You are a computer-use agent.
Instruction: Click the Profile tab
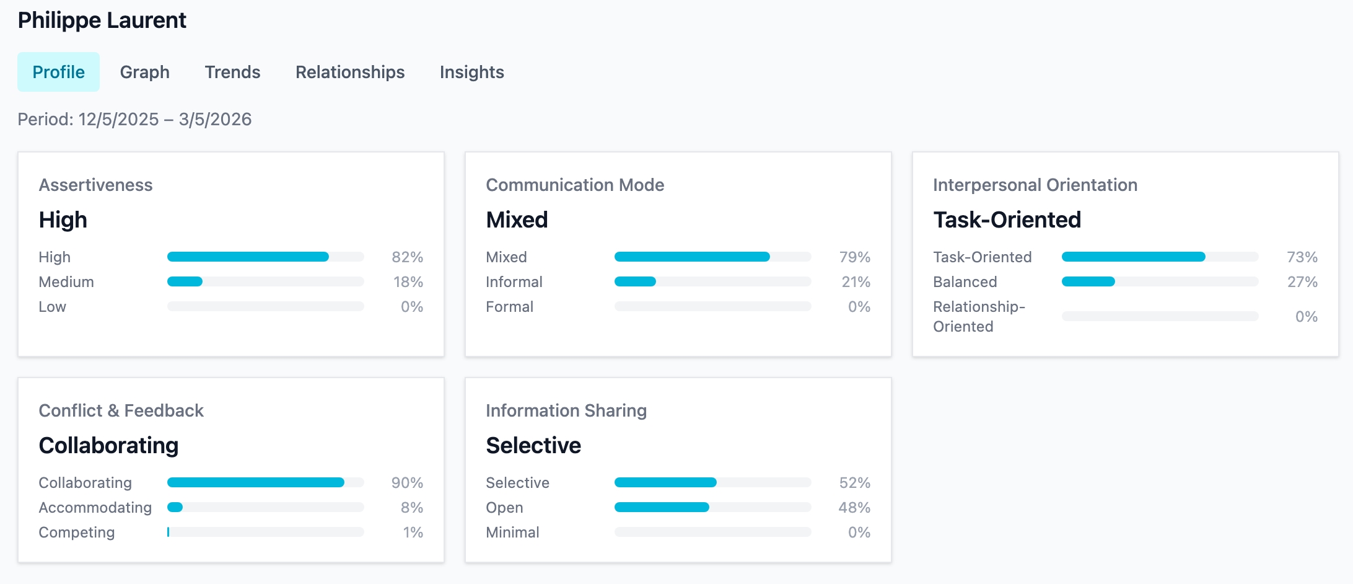click(58, 72)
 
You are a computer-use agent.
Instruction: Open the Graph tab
click(144, 72)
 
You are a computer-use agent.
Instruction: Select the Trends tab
click(232, 72)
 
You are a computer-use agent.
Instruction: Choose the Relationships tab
click(349, 72)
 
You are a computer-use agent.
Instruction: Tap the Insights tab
click(471, 72)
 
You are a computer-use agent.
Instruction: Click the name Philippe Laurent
click(102, 20)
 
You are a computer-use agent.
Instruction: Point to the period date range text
click(134, 119)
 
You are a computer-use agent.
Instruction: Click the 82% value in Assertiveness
click(407, 257)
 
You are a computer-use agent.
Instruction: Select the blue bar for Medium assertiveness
click(185, 281)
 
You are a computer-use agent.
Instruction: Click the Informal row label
click(514, 281)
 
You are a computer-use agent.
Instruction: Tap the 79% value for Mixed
click(854, 257)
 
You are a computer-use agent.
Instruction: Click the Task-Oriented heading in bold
click(1007, 219)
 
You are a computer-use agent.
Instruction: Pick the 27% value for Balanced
click(1302, 281)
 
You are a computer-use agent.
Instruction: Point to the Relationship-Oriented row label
click(978, 316)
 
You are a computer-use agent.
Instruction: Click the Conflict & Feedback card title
click(121, 410)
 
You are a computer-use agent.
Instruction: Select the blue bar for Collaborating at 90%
click(255, 482)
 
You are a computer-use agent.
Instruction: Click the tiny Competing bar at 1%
click(168, 532)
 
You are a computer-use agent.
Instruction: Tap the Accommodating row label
click(95, 507)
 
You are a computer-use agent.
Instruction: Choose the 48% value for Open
click(854, 507)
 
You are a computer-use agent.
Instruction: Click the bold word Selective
click(533, 445)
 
